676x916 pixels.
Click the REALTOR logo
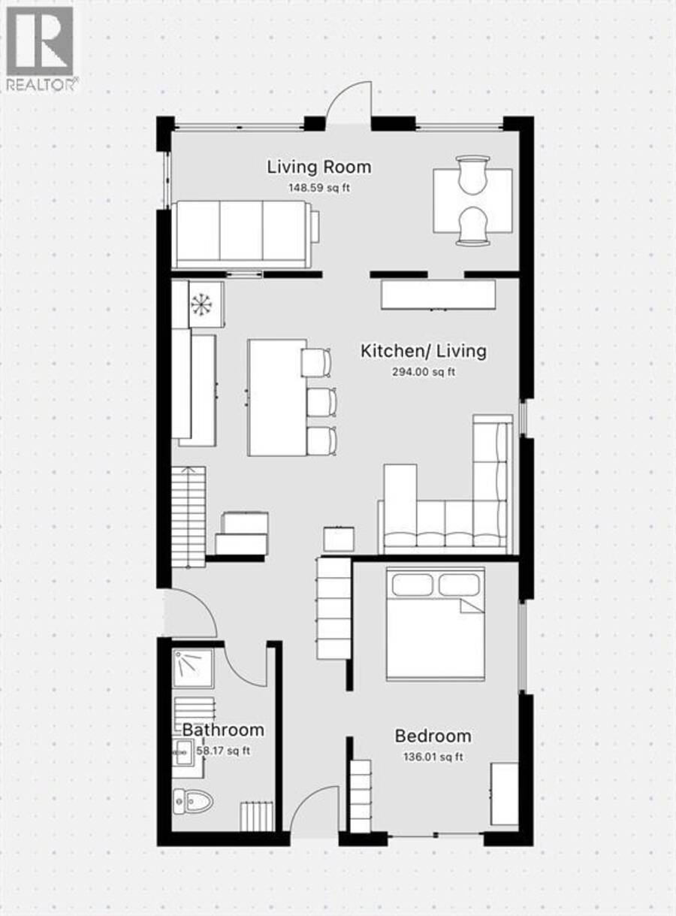(x=41, y=49)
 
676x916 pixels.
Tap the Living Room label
(x=318, y=168)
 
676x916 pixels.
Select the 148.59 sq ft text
(x=318, y=188)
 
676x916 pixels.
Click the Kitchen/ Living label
(x=424, y=351)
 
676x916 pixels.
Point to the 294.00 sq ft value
(x=424, y=372)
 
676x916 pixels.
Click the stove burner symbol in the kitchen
(x=201, y=304)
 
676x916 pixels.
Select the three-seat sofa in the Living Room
(x=246, y=234)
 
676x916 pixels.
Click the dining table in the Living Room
(x=472, y=201)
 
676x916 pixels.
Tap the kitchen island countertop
(x=277, y=398)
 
